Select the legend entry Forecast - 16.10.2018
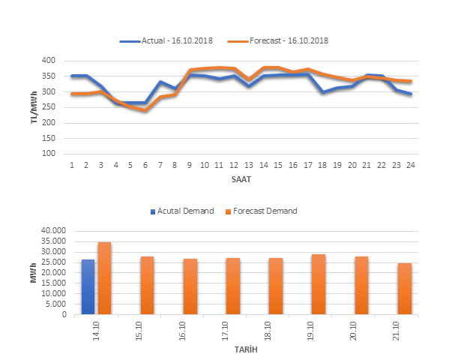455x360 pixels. pyautogui.click(x=288, y=40)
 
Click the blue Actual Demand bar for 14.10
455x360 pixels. pyautogui.click(x=88, y=287)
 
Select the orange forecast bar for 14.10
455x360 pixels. pyautogui.click(x=104, y=278)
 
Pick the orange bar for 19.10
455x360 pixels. pyautogui.click(x=319, y=284)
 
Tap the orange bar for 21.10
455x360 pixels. pyautogui.click(x=404, y=289)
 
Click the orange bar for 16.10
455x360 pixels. pyautogui.click(x=190, y=286)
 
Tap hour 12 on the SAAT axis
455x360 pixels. pyautogui.click(x=233, y=164)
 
